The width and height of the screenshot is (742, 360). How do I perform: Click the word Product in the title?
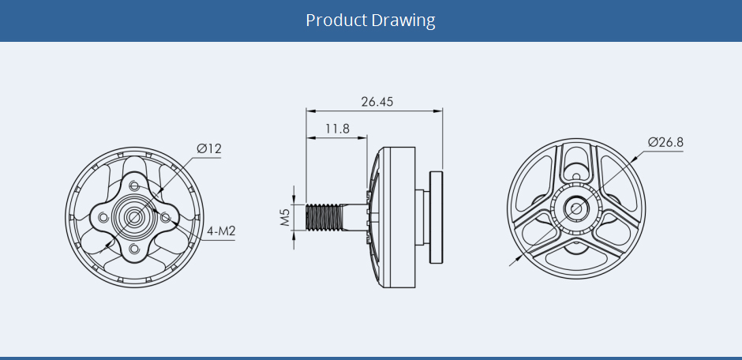(336, 21)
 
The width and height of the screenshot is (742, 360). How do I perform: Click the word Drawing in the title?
(403, 21)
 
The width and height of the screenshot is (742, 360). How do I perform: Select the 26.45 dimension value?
(377, 102)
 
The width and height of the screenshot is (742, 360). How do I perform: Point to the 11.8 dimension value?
(337, 128)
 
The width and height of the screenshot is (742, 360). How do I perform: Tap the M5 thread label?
(285, 217)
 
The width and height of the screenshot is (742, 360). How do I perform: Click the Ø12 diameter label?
(209, 148)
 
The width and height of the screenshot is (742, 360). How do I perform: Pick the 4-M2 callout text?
(222, 231)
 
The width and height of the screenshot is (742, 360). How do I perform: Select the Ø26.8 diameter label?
(665, 142)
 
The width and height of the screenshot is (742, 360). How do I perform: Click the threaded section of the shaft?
(324, 217)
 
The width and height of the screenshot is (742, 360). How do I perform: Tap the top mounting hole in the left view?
(134, 186)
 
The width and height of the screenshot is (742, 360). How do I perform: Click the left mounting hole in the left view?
(103, 217)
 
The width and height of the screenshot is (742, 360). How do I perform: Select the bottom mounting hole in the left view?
(134, 249)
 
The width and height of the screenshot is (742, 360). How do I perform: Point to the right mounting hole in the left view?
(166, 217)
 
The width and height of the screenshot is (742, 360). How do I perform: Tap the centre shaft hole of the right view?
(576, 208)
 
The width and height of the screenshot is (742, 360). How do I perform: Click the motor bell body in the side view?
(393, 217)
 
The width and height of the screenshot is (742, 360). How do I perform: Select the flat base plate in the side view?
(436, 217)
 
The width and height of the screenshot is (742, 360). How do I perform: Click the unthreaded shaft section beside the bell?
(355, 217)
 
